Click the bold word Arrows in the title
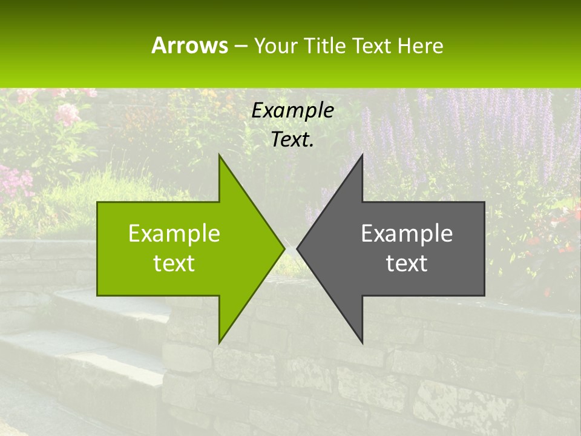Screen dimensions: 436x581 click(x=189, y=45)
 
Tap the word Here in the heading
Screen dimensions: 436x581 click(x=419, y=45)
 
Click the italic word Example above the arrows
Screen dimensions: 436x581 click(x=293, y=110)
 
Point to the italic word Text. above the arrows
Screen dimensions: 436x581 click(x=293, y=139)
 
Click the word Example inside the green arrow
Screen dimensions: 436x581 click(x=174, y=233)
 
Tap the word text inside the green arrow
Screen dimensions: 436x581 click(x=174, y=263)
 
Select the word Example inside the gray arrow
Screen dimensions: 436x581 click(x=407, y=233)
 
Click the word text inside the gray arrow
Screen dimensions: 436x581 click(x=407, y=263)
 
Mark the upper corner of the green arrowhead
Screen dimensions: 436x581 click(x=220, y=156)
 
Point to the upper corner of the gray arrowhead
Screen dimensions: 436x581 click(x=362, y=156)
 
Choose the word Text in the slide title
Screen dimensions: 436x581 click(x=372, y=45)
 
